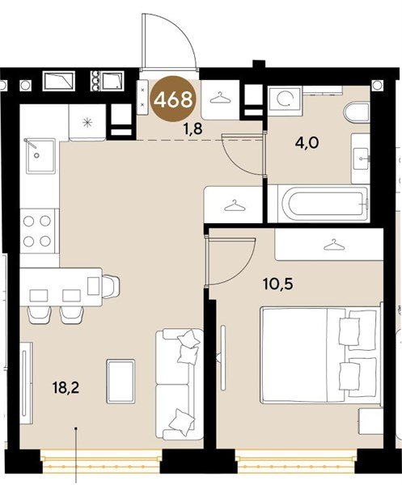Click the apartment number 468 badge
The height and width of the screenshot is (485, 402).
click(173, 99)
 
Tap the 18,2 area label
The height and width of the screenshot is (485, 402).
click(66, 387)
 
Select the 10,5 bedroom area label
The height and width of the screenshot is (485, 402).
click(277, 284)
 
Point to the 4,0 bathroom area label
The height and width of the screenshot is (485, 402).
click(307, 144)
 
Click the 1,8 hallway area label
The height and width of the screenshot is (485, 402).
click(193, 129)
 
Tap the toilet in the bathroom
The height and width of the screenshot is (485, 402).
click(357, 113)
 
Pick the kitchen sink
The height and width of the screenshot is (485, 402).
click(40, 156)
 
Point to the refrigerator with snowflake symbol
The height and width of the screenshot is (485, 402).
click(87, 123)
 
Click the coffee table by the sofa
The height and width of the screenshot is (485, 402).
click(121, 381)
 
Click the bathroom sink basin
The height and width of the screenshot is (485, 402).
click(362, 158)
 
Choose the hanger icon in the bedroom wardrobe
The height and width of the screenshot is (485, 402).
click(333, 245)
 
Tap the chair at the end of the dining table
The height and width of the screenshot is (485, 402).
click(111, 286)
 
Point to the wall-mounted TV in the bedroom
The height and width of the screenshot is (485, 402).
click(223, 357)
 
